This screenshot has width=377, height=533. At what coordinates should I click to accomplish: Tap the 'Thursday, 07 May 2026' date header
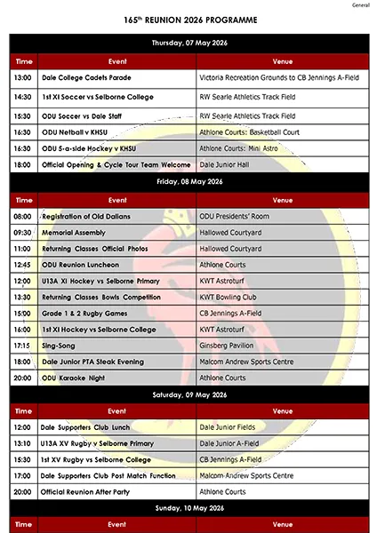click(188, 43)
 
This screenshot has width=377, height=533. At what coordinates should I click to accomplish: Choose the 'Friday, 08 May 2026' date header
click(188, 182)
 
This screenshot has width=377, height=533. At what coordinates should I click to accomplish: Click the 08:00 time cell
click(22, 217)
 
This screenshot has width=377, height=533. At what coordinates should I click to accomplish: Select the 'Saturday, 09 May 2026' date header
click(188, 395)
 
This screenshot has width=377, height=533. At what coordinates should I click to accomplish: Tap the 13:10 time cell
click(22, 442)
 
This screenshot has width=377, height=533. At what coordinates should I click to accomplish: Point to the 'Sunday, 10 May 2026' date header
click(188, 510)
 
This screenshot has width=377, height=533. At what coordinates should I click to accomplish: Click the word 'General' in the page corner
click(360, 4)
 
